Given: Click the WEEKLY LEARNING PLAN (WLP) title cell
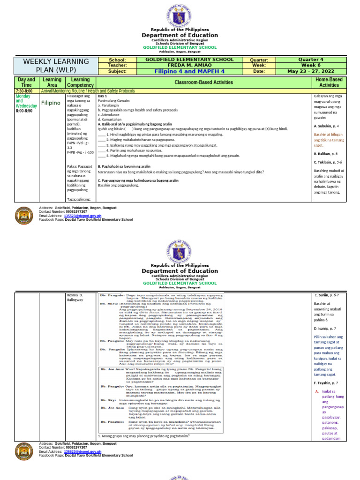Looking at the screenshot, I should [53, 66].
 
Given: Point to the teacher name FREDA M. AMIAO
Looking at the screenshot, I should [189, 65].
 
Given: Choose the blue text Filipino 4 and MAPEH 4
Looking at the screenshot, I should [189, 71].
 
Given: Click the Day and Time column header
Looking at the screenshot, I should [26, 82].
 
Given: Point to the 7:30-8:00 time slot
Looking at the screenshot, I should [24, 91].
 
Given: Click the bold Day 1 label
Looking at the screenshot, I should [103, 96].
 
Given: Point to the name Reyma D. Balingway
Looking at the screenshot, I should [75, 297].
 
